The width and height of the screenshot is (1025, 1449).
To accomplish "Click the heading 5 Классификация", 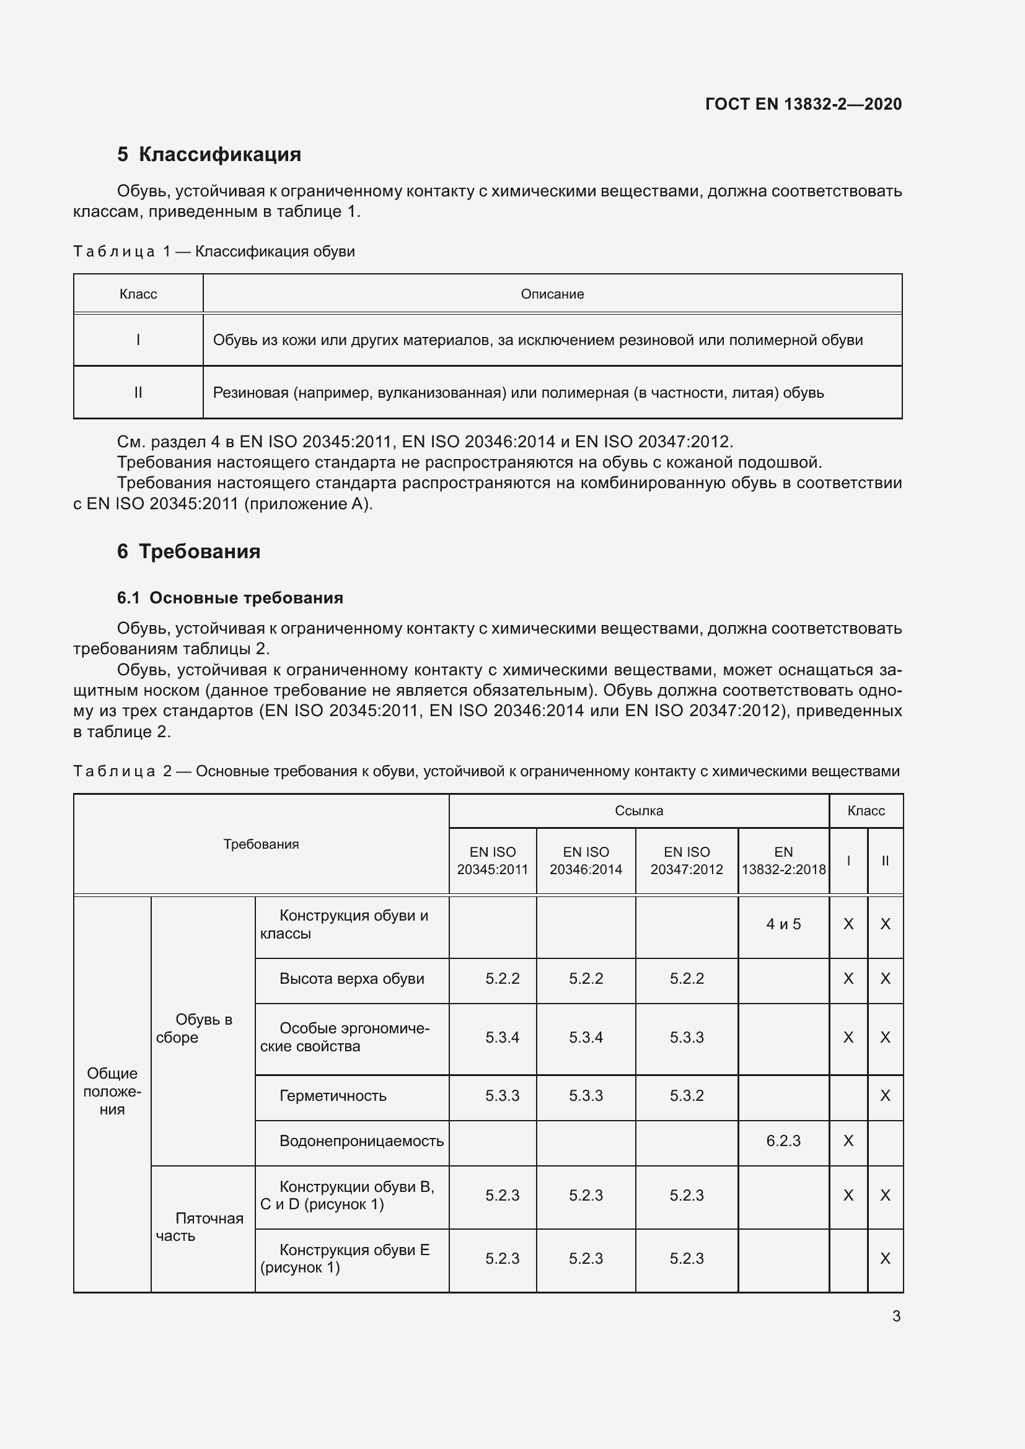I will pos(209,154).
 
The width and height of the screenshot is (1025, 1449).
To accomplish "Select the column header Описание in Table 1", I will pos(552,294).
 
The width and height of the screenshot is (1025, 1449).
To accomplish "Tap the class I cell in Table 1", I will pos(138,340).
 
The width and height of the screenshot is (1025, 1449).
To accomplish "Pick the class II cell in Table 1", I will pos(138,393).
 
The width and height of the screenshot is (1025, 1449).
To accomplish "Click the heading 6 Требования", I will pos(189,551).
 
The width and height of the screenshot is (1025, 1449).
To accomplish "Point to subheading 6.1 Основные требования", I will pos(230,598).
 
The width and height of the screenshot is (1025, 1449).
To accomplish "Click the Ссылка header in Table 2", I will pos(638,810).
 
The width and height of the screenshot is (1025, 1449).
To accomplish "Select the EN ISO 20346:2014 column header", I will pos(585,860).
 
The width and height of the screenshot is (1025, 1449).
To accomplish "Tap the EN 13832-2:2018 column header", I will pos(783,860).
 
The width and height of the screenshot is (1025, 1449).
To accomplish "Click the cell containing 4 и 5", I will pos(783,924).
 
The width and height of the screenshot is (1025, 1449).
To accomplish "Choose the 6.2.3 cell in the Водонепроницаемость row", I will pos(783,1140).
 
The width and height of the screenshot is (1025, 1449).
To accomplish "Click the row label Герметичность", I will pos(333,1096).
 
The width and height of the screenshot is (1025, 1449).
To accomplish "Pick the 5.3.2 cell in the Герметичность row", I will pos(686,1096).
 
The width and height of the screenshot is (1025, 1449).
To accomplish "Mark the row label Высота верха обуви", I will pos(351,978).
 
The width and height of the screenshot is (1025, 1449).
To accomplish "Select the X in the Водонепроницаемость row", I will pos(848,1140).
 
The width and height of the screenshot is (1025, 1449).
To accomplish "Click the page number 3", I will pos(895,1316).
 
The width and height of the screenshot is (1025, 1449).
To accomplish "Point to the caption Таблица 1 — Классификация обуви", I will pos(214,251).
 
